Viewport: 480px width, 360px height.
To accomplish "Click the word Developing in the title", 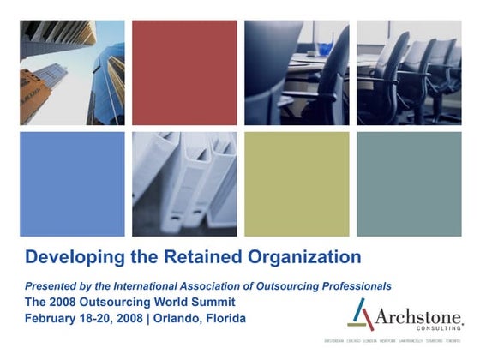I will point(67,256).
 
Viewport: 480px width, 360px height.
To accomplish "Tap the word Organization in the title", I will point(304,256).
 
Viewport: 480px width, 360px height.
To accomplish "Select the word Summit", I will point(213,302).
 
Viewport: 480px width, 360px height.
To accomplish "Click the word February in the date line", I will point(51,318).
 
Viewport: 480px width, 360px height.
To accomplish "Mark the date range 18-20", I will point(97,318).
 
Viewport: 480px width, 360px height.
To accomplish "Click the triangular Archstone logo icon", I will point(363,315).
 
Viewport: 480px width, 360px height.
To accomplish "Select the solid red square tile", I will point(184,72).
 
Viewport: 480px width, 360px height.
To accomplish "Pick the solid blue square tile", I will point(72,183).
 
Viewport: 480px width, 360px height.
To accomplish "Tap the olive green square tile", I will point(297,183).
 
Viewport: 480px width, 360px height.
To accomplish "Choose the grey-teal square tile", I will point(409,183).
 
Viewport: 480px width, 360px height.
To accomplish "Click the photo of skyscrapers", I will point(72,72).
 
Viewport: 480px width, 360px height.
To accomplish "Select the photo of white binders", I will point(184,183).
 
